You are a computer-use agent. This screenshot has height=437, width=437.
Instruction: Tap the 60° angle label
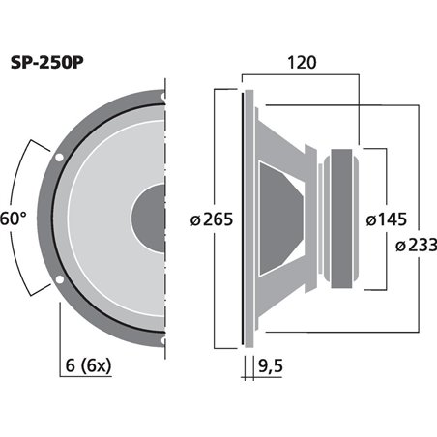coord(13,218)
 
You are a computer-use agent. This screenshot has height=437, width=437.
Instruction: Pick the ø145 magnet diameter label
coord(388,219)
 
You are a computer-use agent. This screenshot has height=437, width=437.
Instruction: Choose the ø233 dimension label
coord(415,246)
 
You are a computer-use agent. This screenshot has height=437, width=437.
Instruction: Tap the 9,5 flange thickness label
coord(274,365)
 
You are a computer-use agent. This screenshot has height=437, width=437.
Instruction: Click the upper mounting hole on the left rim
coord(61,156)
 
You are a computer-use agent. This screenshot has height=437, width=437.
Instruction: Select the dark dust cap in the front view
coord(151,218)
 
